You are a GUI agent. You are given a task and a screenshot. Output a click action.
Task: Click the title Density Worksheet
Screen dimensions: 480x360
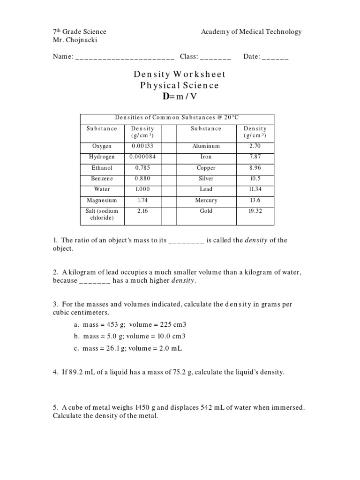point(180,74)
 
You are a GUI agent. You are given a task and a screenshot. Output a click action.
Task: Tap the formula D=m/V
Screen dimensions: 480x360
point(180,97)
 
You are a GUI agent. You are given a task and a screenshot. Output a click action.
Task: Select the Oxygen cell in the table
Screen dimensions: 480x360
point(102,146)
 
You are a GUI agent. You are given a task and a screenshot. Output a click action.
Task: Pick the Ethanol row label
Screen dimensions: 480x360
point(102,168)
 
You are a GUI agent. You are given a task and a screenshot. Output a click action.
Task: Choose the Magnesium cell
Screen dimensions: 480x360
point(102,200)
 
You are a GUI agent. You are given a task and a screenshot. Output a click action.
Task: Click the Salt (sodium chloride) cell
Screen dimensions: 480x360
point(102,214)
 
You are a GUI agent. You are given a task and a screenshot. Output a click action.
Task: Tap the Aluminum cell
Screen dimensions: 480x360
point(206,146)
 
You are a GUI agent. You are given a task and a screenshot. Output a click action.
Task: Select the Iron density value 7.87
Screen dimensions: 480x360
point(255,157)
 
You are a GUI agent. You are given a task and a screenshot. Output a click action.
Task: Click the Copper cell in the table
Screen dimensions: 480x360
point(206,168)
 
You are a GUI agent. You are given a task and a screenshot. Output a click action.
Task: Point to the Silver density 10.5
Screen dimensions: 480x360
point(255,179)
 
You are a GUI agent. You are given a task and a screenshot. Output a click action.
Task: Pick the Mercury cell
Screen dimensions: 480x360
point(206,200)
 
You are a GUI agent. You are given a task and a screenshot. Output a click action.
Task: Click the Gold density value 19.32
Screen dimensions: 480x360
point(255,211)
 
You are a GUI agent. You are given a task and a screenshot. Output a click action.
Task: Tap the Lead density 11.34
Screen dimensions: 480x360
point(255,189)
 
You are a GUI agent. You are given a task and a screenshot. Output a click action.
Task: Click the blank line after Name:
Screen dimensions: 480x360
point(125,58)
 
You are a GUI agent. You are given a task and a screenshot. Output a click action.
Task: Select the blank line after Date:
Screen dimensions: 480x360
point(275,58)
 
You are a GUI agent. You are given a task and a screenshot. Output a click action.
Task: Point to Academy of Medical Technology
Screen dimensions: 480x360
point(251,32)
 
